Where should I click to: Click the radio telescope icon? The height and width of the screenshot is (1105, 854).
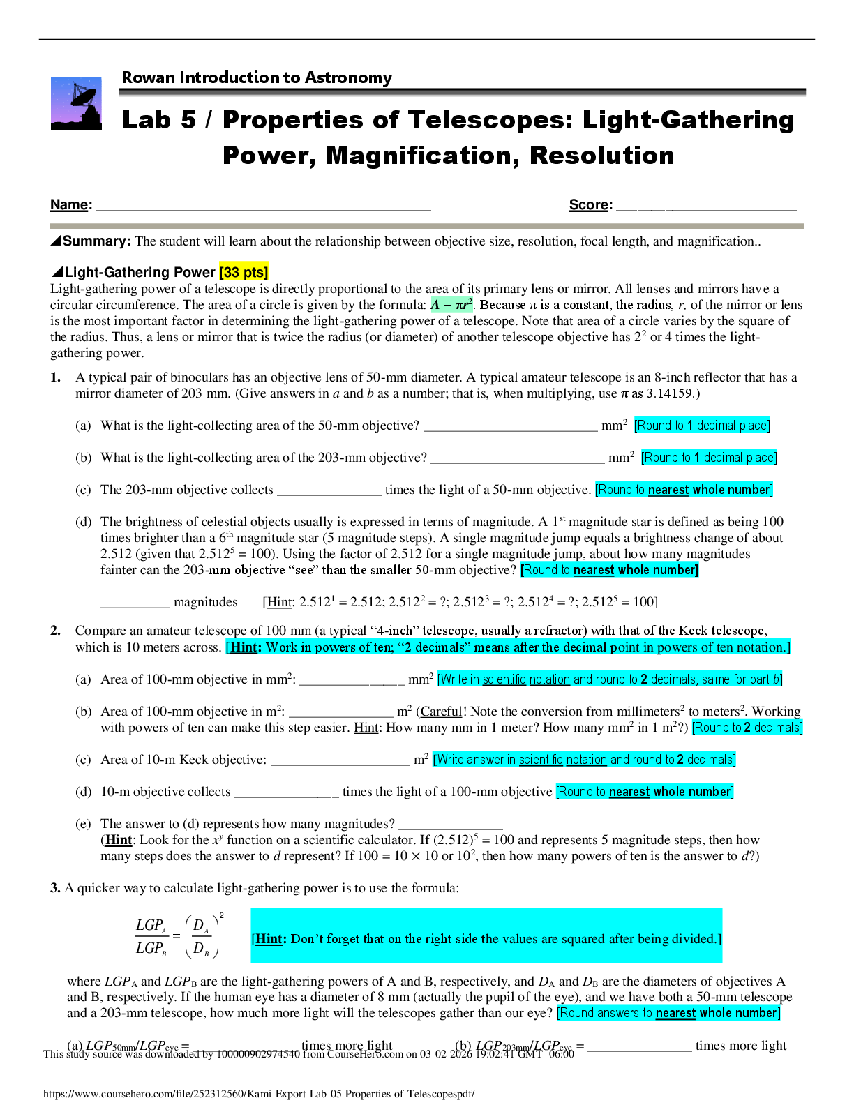(75, 103)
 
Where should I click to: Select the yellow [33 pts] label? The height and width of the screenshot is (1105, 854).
(244, 272)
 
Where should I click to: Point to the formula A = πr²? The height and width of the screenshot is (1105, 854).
(451, 304)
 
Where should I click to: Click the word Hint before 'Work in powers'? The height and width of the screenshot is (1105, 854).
(244, 647)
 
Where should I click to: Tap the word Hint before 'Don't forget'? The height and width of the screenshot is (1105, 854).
(269, 939)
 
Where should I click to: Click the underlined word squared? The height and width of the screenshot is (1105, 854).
(583, 939)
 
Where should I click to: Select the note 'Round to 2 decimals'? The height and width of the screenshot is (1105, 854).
(747, 728)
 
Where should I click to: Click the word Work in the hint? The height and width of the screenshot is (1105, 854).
(281, 647)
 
